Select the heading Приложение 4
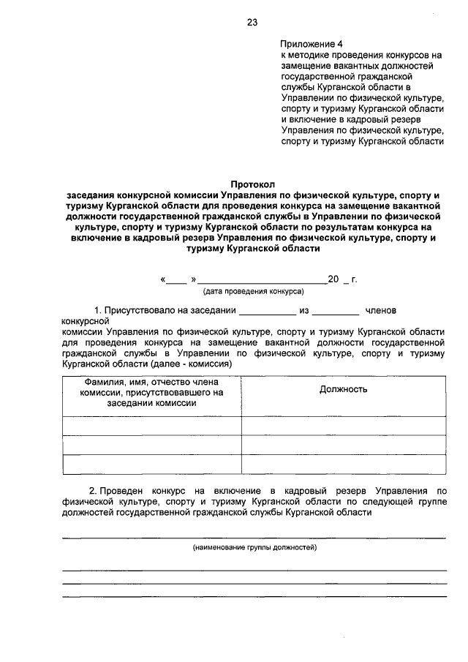(312, 43)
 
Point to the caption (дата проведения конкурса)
(253, 291)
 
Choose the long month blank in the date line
(262, 280)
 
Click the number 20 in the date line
(333, 279)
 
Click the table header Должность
(343, 389)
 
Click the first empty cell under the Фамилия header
(152, 426)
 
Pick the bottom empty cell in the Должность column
(343, 464)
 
